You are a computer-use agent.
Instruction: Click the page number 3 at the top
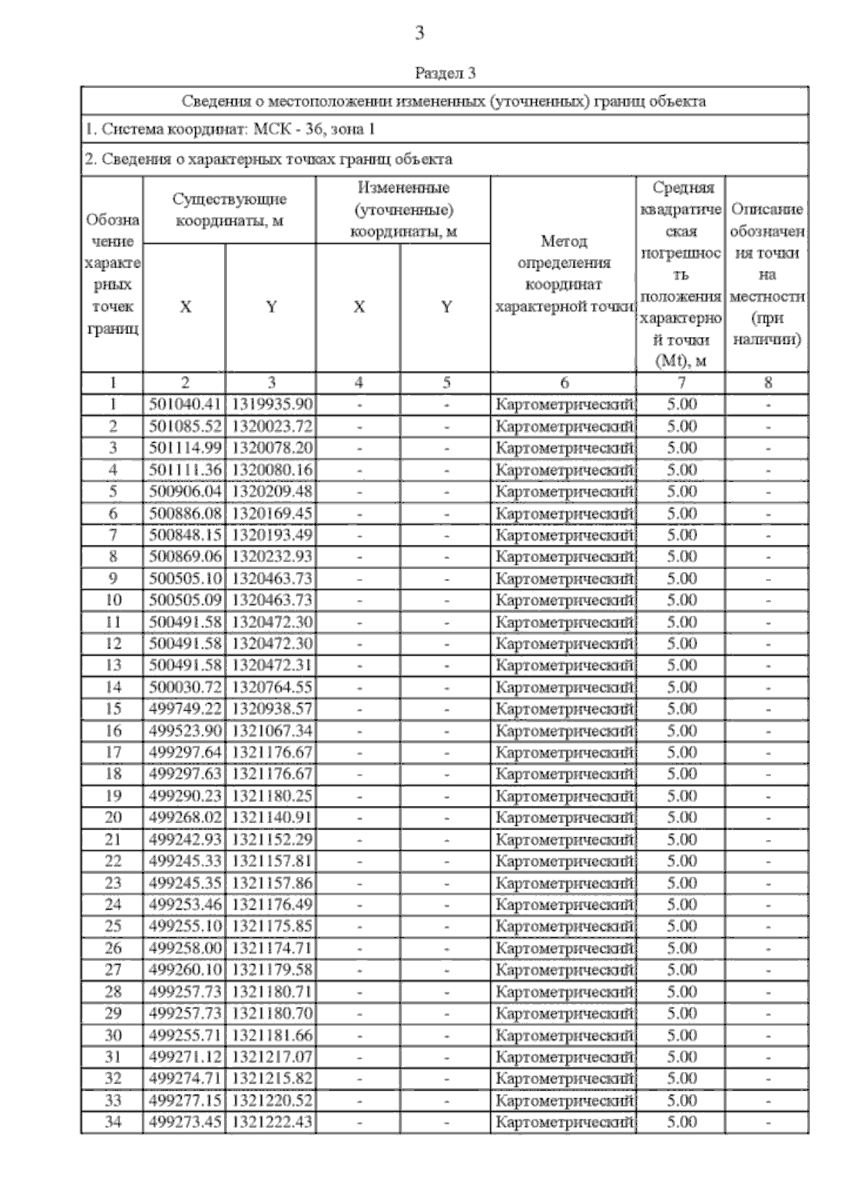tap(420, 33)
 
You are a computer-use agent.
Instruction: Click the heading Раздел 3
tap(445, 73)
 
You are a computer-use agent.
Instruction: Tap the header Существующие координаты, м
tap(229, 210)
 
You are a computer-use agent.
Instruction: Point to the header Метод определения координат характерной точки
tap(564, 274)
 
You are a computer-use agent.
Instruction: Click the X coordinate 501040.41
tap(185, 404)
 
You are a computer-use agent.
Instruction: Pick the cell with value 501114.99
tap(185, 448)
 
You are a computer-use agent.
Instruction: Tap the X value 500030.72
tap(185, 687)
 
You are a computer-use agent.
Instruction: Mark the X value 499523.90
tap(185, 730)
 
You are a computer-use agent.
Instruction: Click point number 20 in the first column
tap(113, 817)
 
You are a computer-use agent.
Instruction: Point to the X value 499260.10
tap(185, 969)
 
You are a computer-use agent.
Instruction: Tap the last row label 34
tap(113, 1122)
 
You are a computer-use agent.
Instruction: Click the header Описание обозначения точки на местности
tap(767, 274)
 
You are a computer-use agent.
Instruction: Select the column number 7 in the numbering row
tap(681, 383)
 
